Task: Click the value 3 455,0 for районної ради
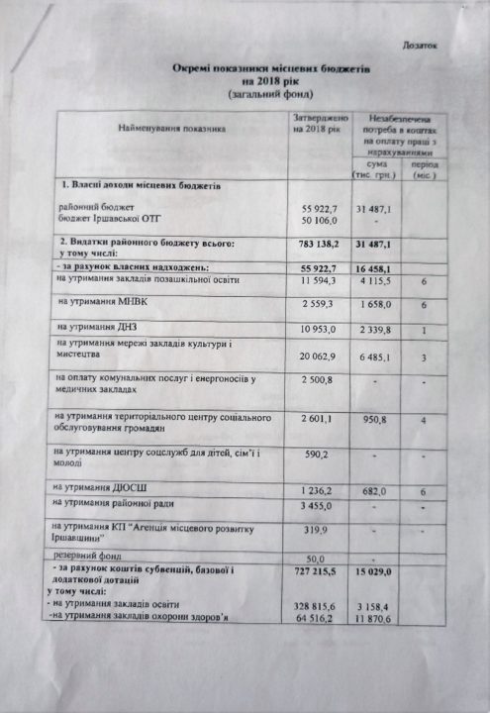pos(318,506)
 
